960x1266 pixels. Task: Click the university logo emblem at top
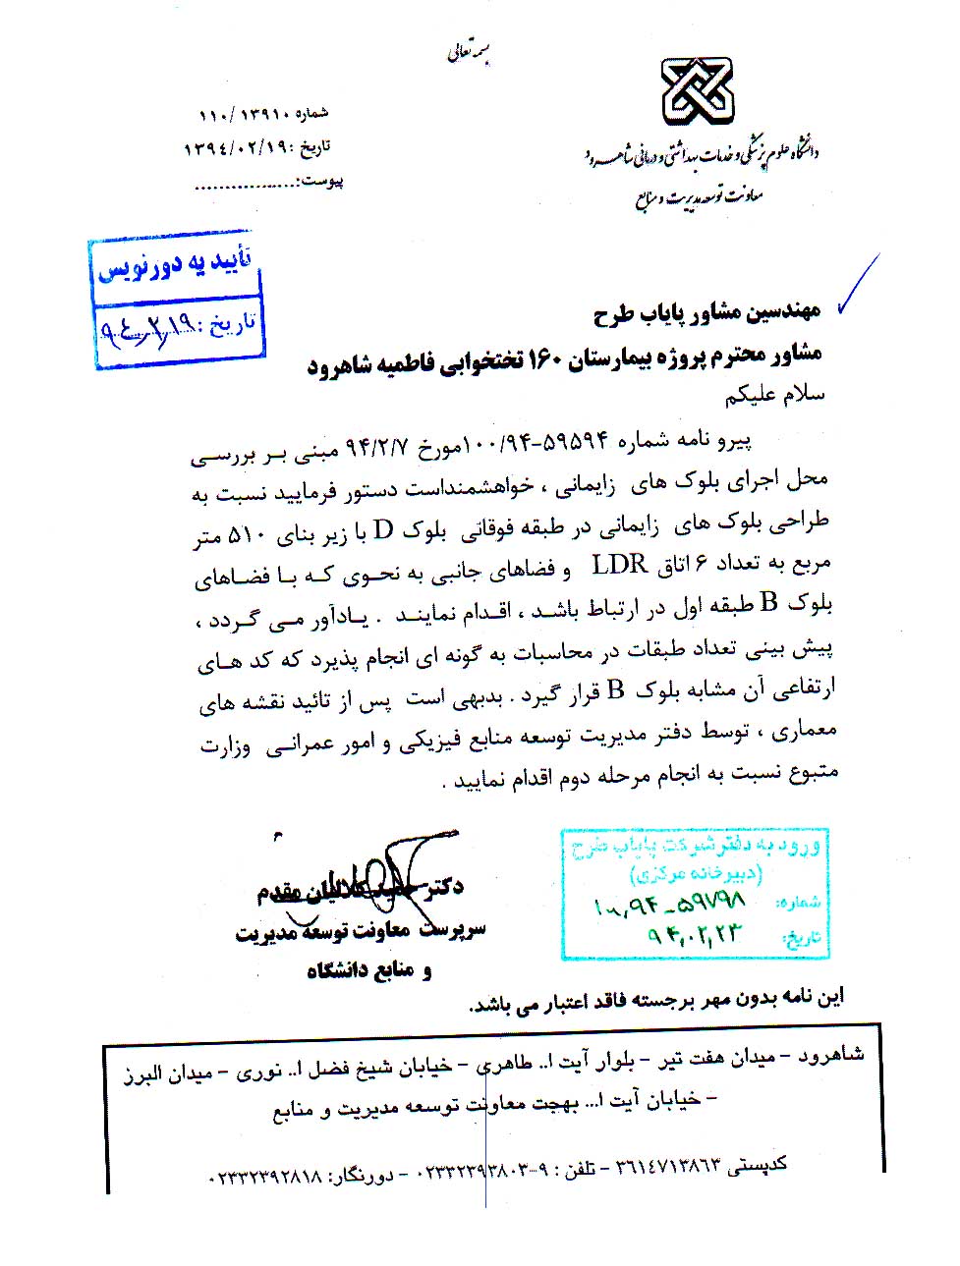click(697, 89)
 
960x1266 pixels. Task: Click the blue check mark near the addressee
click(857, 285)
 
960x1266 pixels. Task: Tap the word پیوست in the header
click(322, 181)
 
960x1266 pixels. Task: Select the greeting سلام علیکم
click(774, 395)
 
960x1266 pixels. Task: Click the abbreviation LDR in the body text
click(619, 565)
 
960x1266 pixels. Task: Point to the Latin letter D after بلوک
click(383, 530)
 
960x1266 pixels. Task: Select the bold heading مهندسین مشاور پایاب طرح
click(706, 312)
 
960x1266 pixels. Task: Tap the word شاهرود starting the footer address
click(830, 1056)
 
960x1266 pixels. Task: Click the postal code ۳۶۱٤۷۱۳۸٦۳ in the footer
click(667, 1167)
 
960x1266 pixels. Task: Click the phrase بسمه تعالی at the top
click(469, 52)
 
